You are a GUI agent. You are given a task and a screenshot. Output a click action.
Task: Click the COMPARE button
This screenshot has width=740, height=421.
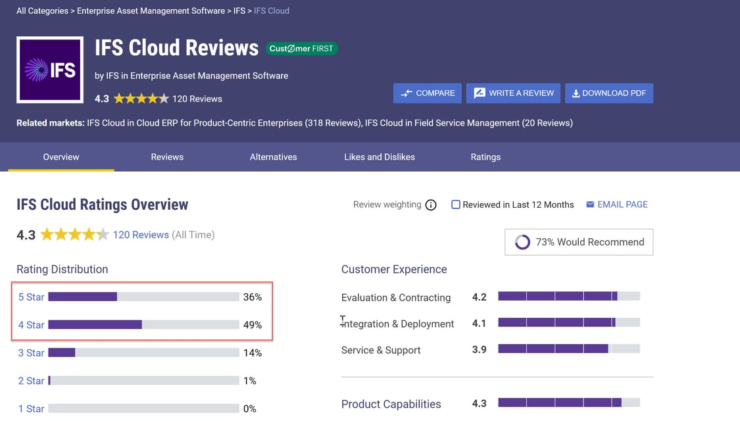[x=427, y=93]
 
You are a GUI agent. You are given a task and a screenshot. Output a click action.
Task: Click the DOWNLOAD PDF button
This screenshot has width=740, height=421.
[x=608, y=93]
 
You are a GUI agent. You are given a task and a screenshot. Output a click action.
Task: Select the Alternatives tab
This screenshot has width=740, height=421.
[x=273, y=157]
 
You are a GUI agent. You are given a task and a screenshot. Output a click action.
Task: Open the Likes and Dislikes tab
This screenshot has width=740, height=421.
[x=380, y=157]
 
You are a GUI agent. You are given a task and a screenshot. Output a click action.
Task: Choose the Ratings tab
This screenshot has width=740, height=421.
[x=485, y=157]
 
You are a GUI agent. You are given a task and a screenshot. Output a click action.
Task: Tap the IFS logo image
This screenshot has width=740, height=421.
[x=50, y=70]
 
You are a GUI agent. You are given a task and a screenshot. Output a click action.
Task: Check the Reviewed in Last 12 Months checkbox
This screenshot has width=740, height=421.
[x=455, y=205]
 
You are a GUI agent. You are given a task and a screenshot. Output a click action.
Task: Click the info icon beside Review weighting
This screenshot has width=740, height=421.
[x=431, y=205]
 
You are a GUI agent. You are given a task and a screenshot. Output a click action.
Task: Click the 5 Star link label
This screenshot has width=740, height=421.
[x=31, y=297]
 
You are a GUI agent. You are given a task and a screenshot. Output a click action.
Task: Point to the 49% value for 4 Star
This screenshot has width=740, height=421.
[x=252, y=325]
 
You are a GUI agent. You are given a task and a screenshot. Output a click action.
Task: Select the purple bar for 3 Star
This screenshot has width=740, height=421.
[x=62, y=353]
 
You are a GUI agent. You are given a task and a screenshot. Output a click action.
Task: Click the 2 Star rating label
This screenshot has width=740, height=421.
[x=31, y=381]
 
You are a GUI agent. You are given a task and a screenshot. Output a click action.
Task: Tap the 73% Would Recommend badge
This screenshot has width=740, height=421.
[x=579, y=242]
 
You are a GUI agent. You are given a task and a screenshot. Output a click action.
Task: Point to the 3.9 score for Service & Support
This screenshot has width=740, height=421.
[x=479, y=350]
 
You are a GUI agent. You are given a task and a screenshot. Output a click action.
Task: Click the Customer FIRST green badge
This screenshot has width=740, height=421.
[x=302, y=49]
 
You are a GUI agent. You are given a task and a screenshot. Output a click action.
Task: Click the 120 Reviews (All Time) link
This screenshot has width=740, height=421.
[x=141, y=235]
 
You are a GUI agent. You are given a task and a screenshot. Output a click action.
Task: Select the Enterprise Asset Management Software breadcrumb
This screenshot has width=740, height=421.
[x=151, y=11]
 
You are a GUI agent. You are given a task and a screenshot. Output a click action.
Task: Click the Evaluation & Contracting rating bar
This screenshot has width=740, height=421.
[x=568, y=297]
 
